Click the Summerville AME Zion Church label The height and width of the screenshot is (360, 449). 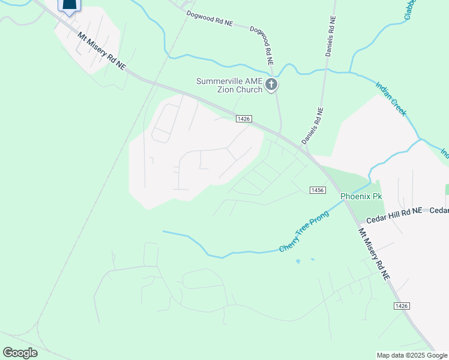tap(230, 85)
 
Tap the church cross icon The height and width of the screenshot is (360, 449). tap(271, 85)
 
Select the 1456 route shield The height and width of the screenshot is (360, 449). tap(318, 190)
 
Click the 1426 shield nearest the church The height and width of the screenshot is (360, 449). tap(243, 119)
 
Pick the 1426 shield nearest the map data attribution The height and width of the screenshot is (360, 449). tap(402, 306)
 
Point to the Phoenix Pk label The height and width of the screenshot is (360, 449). tap(361, 196)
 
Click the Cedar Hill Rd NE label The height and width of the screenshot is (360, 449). tap(394, 211)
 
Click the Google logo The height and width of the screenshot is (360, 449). tap(20, 352)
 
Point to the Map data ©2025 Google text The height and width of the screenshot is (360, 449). tap(412, 355)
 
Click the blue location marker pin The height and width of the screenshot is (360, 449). tap(70, 6)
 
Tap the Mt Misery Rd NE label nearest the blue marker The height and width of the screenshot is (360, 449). tap(101, 51)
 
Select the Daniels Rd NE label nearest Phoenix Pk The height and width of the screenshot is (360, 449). tap(312, 126)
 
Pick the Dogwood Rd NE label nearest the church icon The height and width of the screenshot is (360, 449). tap(262, 46)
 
